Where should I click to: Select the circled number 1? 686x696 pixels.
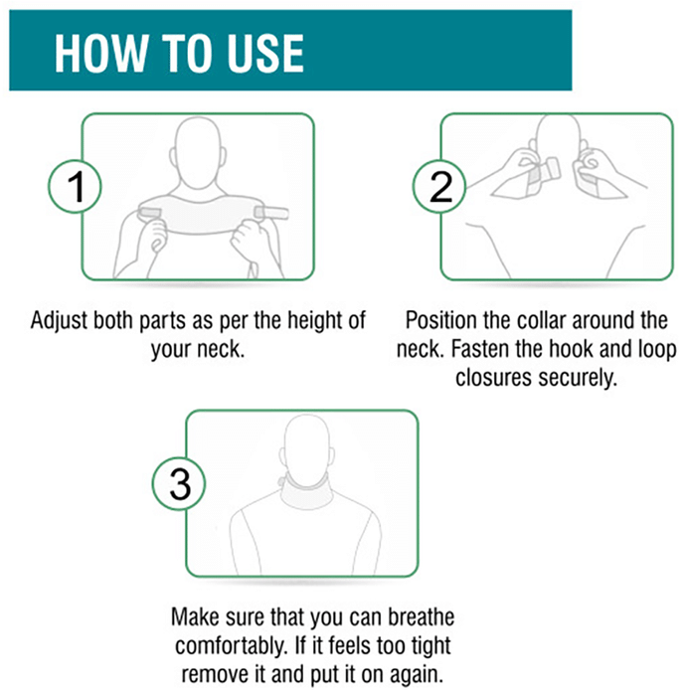(75, 187)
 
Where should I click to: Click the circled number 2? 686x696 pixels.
(439, 187)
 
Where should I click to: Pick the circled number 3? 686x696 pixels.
(179, 483)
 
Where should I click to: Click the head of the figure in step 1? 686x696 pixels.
(198, 153)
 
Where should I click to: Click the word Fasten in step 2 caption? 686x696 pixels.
(480, 349)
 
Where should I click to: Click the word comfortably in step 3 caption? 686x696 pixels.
(231, 646)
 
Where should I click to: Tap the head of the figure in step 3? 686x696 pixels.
(306, 447)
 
